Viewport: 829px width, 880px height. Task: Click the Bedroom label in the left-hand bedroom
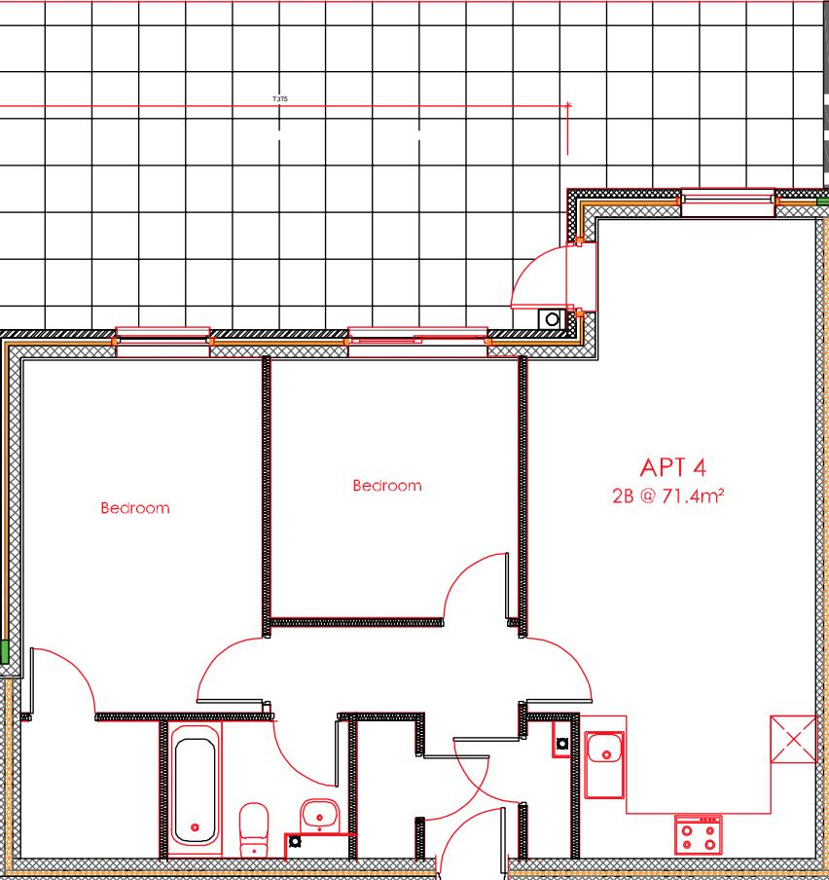click(134, 508)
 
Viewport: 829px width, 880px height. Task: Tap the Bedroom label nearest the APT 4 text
click(386, 486)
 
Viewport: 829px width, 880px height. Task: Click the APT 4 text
click(672, 468)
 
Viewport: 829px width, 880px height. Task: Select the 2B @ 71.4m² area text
click(667, 496)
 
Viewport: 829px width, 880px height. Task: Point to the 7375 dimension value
click(280, 99)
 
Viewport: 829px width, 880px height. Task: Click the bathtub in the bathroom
click(195, 789)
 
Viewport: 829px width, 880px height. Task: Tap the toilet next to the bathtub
click(254, 827)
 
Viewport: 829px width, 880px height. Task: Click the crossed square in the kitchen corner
click(794, 739)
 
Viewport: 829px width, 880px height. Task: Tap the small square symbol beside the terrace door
click(553, 318)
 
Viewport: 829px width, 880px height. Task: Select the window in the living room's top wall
click(728, 202)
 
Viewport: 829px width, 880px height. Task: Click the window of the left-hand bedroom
click(162, 340)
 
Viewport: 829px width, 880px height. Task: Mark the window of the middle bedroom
click(417, 339)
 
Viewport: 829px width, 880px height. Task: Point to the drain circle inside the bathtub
click(195, 827)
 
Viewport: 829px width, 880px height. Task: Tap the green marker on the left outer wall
click(4, 651)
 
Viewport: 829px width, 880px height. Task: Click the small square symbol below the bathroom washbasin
click(295, 842)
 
